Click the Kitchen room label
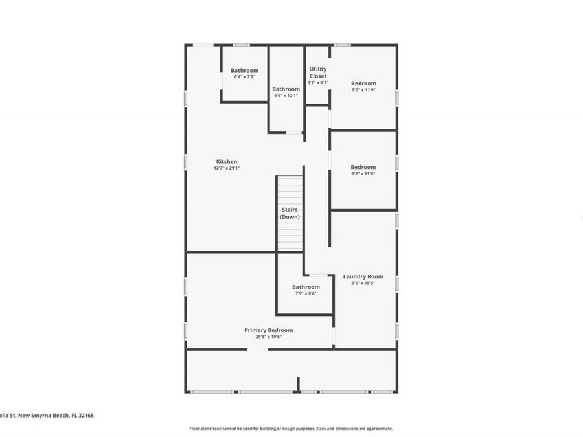coord(227,161)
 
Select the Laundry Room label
coord(363,276)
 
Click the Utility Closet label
coord(318,73)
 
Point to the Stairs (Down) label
coord(290,213)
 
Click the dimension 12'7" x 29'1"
coord(227,168)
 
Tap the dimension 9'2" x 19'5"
coord(363,283)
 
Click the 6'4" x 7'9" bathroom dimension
coord(244,76)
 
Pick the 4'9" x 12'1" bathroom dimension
coord(286,96)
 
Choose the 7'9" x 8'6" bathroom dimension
coord(305,293)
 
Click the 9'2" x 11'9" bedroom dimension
coord(363,90)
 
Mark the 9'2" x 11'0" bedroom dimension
coord(363,174)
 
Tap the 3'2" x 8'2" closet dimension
coord(318,82)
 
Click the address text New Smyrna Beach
coord(43,416)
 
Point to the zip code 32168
coord(86,416)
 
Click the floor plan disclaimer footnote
coord(291,428)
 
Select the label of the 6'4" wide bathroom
coord(244,70)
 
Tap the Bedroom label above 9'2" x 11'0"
coord(363,167)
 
